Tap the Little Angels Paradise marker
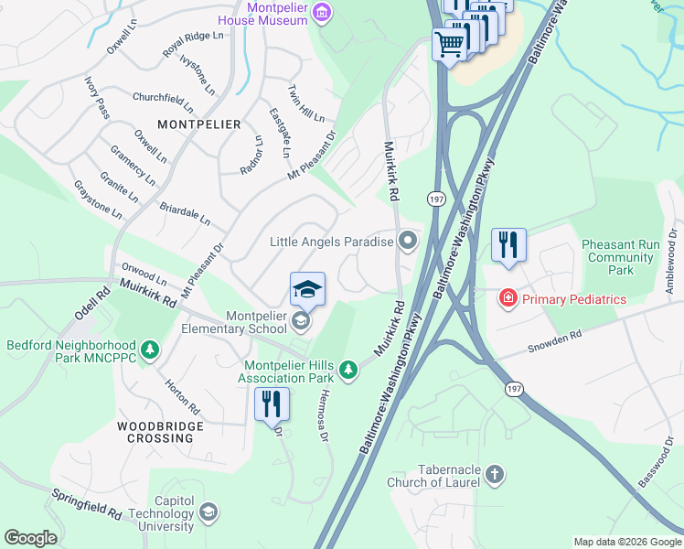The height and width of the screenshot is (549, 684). (x=408, y=242)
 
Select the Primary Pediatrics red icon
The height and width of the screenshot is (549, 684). (x=507, y=298)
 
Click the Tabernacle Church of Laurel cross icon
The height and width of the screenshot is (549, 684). (x=494, y=474)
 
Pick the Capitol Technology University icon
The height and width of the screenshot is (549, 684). (x=209, y=511)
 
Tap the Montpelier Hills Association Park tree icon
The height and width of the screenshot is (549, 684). (x=347, y=370)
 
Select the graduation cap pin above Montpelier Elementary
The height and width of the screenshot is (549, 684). (x=308, y=289)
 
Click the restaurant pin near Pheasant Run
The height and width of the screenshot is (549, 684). (x=509, y=245)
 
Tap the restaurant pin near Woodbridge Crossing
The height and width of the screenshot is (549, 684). (x=272, y=404)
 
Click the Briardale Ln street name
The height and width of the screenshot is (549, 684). (x=185, y=215)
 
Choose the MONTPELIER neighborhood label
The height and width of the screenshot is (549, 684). (x=198, y=124)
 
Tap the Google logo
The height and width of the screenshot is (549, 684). (x=31, y=538)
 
